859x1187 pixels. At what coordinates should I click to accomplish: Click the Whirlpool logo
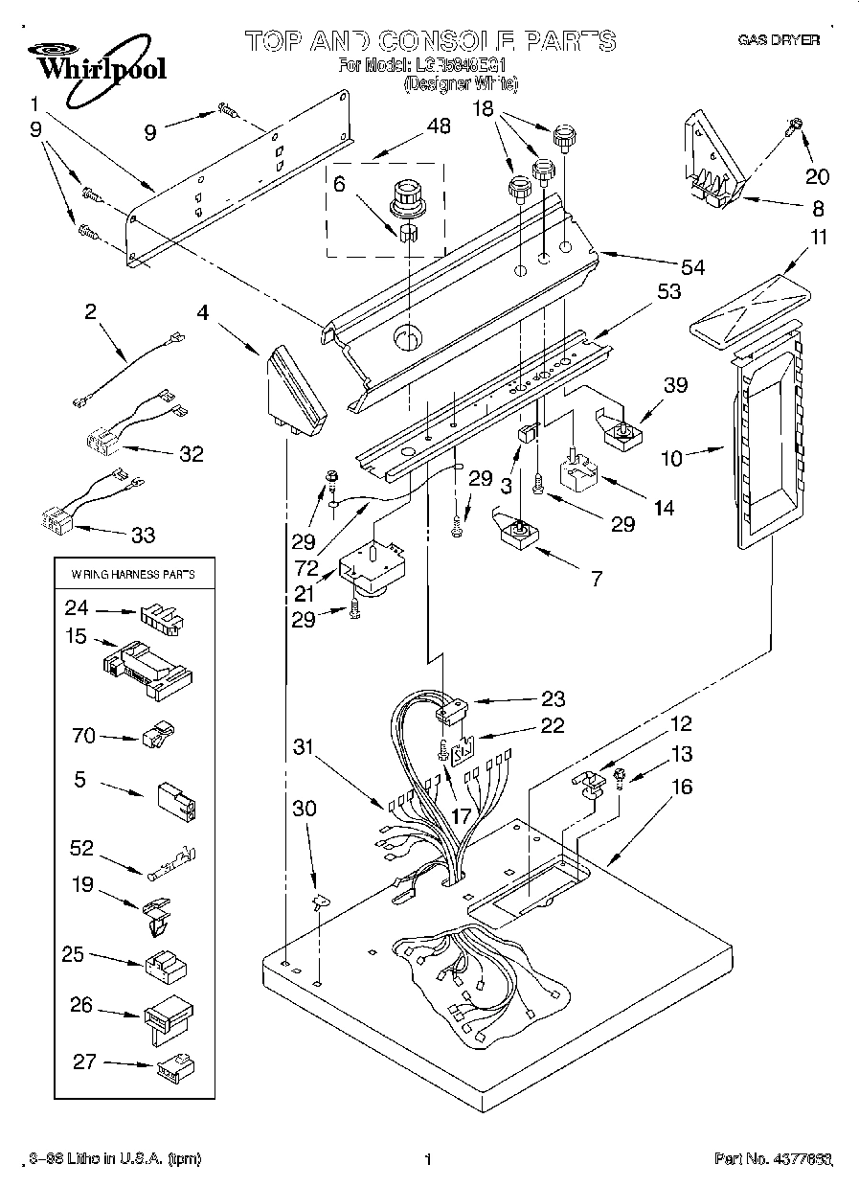[x=94, y=59]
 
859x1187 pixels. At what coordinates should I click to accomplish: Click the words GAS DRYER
[x=778, y=41]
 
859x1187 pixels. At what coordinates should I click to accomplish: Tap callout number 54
[x=690, y=267]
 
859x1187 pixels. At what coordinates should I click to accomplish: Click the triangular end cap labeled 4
[x=293, y=387]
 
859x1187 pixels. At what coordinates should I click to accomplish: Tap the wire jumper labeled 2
[x=126, y=369]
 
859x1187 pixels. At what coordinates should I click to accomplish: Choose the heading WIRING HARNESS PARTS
[x=133, y=575]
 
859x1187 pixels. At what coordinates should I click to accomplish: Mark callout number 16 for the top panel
[x=682, y=788]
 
